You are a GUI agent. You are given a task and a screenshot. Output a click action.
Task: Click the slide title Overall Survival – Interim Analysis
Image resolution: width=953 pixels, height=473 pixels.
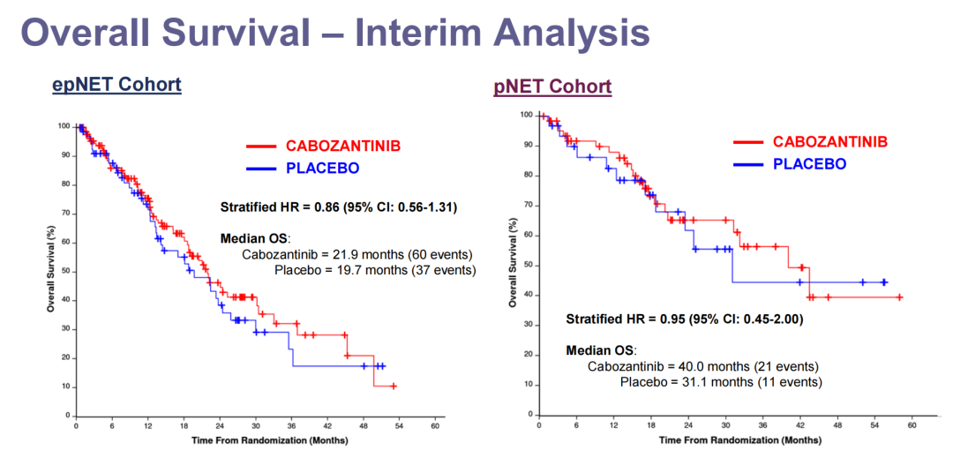(x=335, y=33)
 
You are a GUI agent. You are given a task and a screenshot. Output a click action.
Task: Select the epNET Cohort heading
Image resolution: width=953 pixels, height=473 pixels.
(x=116, y=85)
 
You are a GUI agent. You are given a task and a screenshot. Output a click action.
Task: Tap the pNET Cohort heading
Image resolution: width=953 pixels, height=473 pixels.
(x=552, y=86)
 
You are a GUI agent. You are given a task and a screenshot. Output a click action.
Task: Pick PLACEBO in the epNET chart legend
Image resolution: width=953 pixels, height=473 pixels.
(x=322, y=169)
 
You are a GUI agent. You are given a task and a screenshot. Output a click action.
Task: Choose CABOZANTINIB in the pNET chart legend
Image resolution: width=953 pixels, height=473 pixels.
(x=830, y=141)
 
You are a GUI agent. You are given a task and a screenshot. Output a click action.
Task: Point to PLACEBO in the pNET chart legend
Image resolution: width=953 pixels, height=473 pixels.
(x=809, y=164)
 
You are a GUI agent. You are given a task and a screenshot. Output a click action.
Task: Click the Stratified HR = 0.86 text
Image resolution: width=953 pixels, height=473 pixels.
(x=338, y=207)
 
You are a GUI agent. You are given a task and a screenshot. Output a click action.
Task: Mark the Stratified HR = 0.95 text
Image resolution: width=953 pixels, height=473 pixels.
(x=684, y=319)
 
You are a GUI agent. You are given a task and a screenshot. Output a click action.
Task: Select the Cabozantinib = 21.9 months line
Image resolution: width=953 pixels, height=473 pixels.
(x=358, y=254)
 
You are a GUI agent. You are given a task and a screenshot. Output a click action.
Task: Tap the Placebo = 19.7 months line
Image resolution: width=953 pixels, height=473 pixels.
(x=375, y=270)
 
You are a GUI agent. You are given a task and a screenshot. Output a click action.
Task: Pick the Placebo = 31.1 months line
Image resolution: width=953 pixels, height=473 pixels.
(x=721, y=382)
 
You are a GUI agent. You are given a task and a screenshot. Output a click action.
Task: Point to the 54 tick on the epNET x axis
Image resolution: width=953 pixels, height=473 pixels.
(x=399, y=426)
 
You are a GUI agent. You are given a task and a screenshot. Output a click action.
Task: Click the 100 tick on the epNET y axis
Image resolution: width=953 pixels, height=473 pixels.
(x=64, y=126)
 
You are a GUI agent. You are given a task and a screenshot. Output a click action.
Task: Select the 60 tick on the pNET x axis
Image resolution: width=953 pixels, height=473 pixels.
(x=912, y=424)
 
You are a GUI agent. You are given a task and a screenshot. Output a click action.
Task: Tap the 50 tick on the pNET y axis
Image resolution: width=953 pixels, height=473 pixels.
(x=527, y=265)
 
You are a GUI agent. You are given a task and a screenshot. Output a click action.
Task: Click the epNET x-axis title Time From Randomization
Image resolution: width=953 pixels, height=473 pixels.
(x=255, y=439)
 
